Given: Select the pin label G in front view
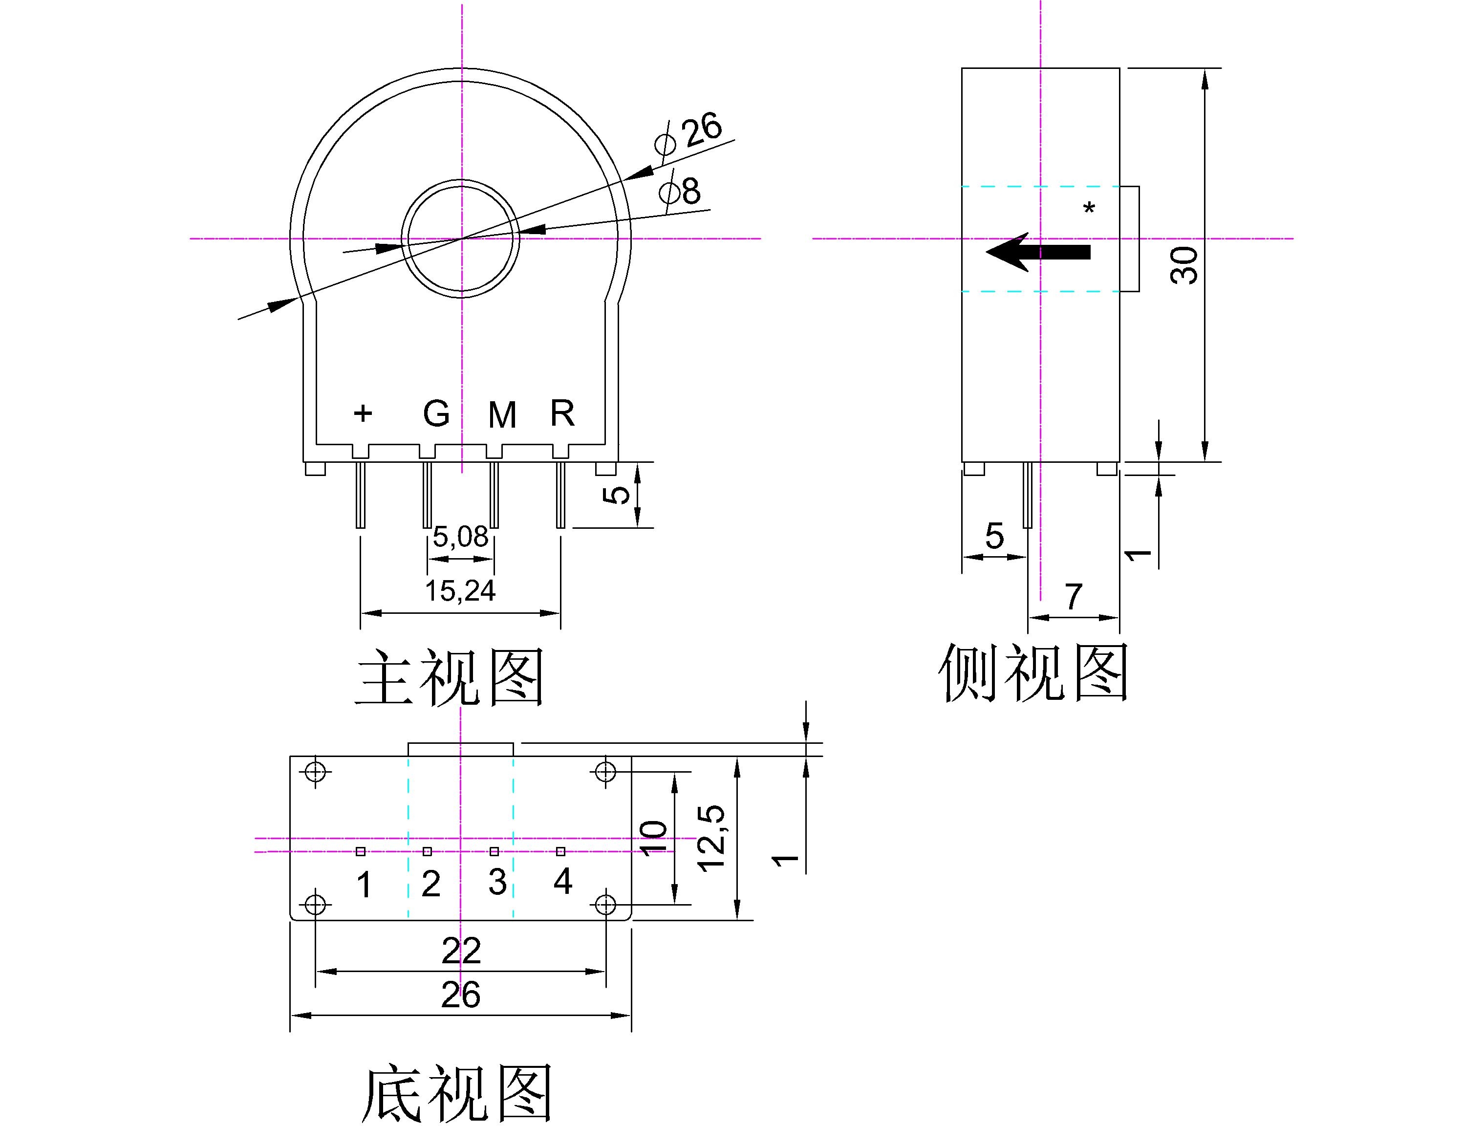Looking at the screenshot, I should [x=436, y=414].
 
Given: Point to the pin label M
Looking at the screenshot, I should [x=502, y=415].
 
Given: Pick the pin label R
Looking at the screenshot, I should [x=562, y=413].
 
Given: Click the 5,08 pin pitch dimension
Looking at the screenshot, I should [x=460, y=537].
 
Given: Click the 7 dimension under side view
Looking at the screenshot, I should [x=1074, y=596].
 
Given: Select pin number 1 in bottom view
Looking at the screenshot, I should [x=364, y=885].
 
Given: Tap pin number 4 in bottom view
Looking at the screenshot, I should [x=562, y=881].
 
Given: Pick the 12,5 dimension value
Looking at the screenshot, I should [x=711, y=838].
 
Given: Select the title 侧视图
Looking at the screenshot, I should [x=1033, y=673].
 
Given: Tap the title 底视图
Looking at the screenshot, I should [x=456, y=1094].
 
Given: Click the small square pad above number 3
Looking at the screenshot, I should [x=495, y=851].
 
